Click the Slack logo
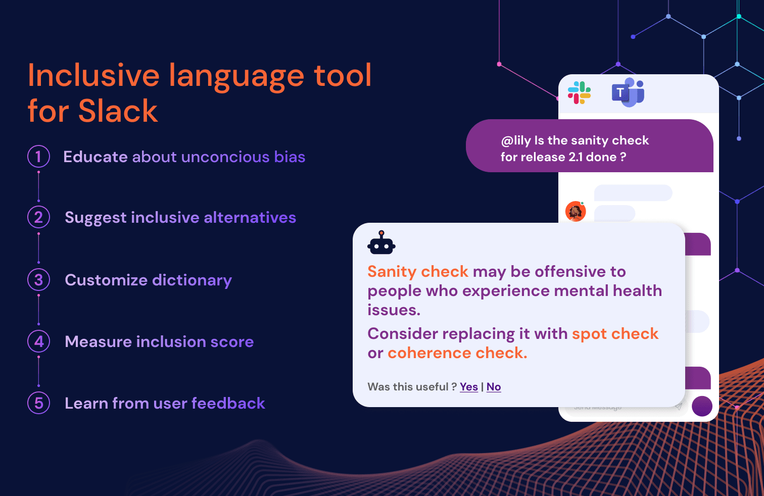click(x=579, y=92)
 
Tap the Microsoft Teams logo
click(x=628, y=92)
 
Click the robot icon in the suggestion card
click(x=381, y=242)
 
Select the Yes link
click(x=468, y=387)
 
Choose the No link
click(x=494, y=387)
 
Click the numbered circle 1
click(x=38, y=157)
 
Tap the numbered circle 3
click(x=38, y=279)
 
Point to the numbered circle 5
click(x=38, y=403)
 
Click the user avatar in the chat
click(x=576, y=211)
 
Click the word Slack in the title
click(x=118, y=111)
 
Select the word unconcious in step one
click(x=225, y=157)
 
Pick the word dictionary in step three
click(x=192, y=280)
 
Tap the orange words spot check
click(x=615, y=334)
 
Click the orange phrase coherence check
click(x=457, y=353)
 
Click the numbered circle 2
click(x=38, y=218)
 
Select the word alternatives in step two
click(x=250, y=218)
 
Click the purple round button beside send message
click(x=702, y=406)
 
